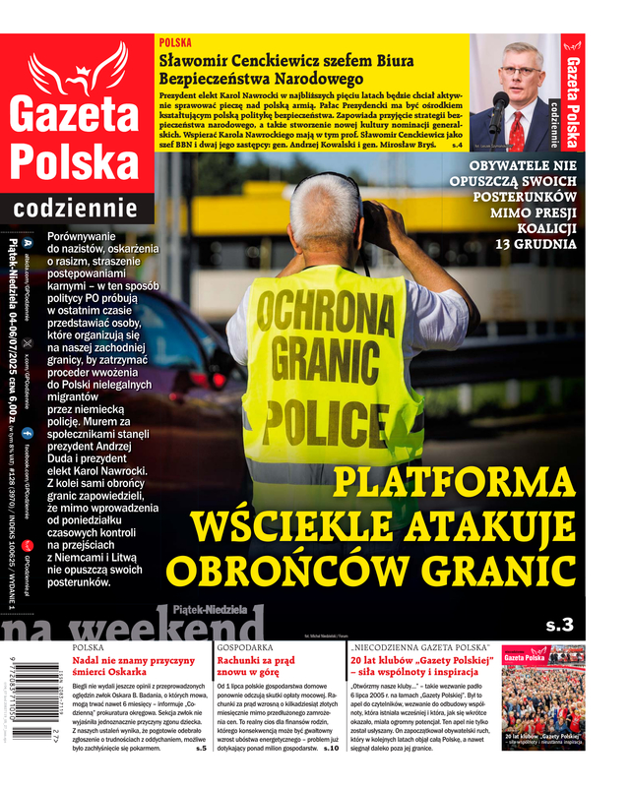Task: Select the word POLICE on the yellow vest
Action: click(317, 416)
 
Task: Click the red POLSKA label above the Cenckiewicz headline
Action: click(175, 43)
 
